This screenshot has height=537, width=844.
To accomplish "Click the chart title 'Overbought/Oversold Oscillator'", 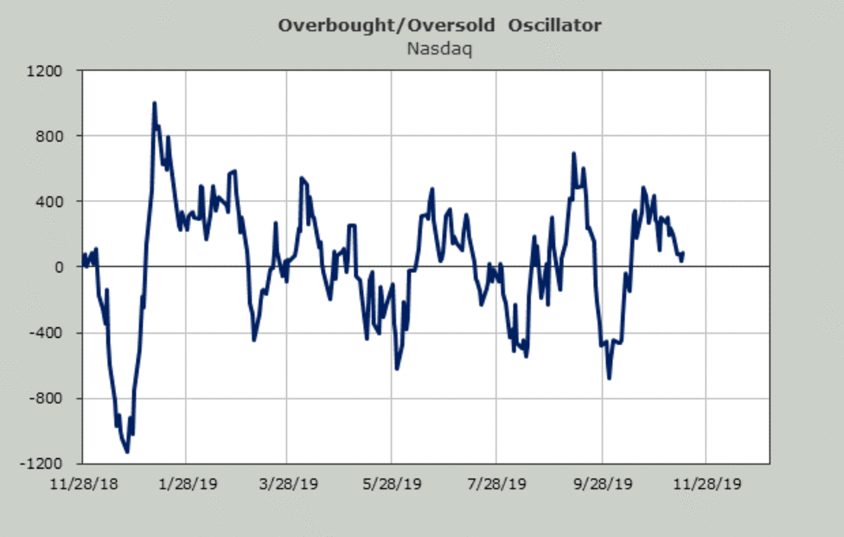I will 440,26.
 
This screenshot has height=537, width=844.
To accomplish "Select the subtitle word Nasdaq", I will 440,49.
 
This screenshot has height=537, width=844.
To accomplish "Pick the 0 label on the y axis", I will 59,267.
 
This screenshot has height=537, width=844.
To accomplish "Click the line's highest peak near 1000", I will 154,103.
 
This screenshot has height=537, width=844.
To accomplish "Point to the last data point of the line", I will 683,253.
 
